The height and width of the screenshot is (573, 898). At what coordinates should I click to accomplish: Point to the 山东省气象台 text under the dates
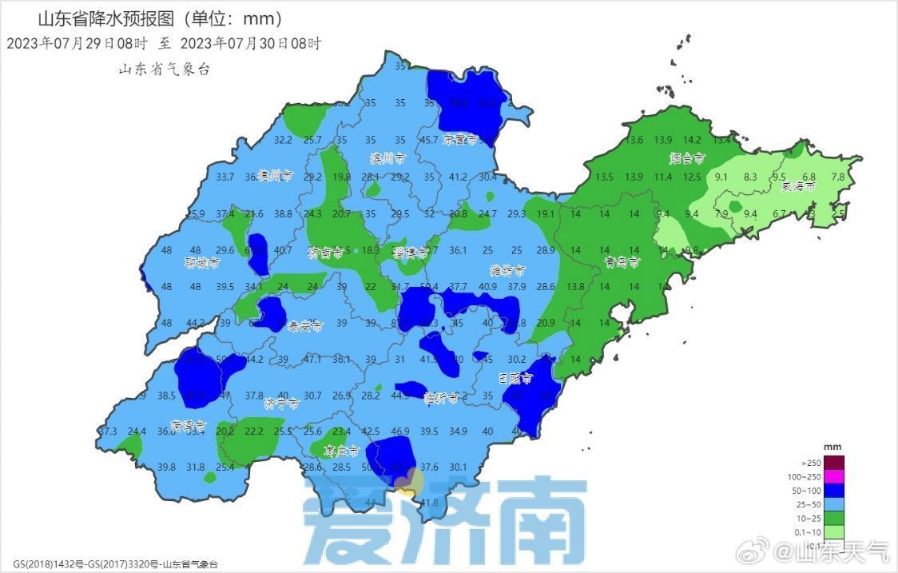tap(164, 70)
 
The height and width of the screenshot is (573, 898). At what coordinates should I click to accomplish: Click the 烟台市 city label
tap(687, 157)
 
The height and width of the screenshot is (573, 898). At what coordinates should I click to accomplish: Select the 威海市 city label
tap(798, 186)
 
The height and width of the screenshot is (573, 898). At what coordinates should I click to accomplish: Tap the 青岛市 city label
tap(622, 261)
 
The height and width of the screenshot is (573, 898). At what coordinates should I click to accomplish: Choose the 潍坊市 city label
tap(507, 271)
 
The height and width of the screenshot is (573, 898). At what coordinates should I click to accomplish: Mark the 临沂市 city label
tap(442, 396)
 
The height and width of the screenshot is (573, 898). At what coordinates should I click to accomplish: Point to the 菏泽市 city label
tap(189, 425)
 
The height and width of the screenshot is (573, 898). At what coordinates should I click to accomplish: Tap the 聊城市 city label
tap(201, 262)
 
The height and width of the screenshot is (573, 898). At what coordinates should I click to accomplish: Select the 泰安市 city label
tap(304, 326)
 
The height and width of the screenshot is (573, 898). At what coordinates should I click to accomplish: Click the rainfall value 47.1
tap(312, 360)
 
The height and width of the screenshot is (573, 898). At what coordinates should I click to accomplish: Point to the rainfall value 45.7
tap(429, 140)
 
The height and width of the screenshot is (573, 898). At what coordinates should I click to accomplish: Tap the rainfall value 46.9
tap(399, 432)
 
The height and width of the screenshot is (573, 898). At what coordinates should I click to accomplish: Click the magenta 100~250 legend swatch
tap(834, 476)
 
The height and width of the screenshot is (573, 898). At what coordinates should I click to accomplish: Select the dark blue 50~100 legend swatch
tap(834, 491)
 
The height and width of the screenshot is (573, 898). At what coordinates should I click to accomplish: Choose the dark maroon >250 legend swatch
tap(834, 462)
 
